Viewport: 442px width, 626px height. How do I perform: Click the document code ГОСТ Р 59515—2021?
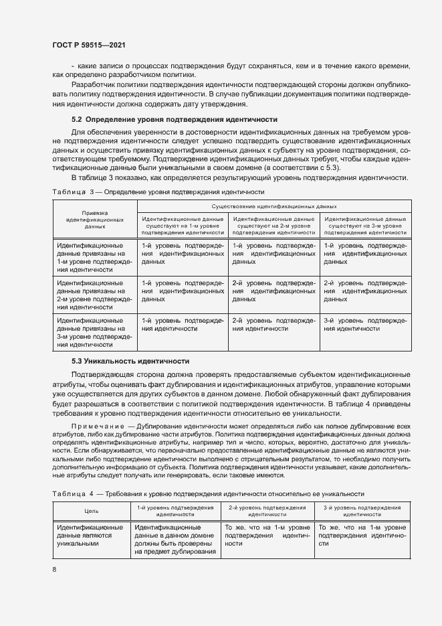pos(89,45)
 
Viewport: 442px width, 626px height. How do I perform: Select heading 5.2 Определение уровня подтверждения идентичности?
pos(148,119)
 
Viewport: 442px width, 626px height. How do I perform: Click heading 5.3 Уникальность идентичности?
pos(131,361)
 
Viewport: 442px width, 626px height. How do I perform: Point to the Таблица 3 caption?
pos(159,191)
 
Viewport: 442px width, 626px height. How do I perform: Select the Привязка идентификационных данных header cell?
pos(95,219)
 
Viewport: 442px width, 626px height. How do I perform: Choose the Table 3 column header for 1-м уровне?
pos(183,226)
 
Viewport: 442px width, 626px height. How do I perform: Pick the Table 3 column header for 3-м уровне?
pos(364,226)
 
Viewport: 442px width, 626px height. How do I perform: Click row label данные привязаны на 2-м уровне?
pos(95,295)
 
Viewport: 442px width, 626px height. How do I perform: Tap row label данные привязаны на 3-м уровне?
pos(95,333)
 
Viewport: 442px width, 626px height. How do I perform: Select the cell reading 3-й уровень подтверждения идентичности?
pos(364,325)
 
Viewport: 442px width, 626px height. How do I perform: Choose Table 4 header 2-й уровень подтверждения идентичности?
pos(267,511)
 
